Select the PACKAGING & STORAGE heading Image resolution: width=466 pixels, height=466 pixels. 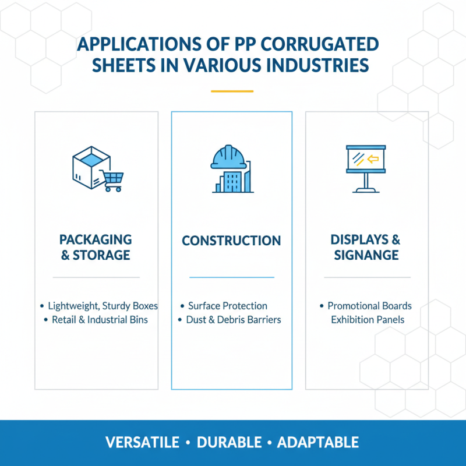(96, 247)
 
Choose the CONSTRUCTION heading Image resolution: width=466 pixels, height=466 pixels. (231, 241)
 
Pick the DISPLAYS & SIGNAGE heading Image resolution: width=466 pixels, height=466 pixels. (366, 247)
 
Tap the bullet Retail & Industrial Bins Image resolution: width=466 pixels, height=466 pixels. (100, 320)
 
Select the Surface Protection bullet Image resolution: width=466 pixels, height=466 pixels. (227, 306)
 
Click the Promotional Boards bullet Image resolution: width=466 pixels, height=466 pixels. (369, 306)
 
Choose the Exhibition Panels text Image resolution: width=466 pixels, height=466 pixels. (368, 320)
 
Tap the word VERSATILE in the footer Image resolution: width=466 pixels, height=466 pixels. (143, 442)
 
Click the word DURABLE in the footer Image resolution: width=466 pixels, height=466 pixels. (228, 442)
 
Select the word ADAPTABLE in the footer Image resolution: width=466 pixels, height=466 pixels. (318, 442)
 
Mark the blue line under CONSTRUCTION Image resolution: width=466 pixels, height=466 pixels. (231, 277)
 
